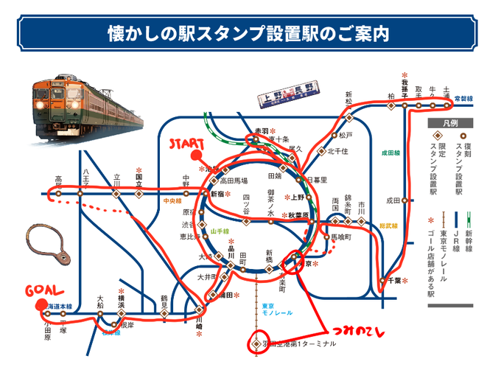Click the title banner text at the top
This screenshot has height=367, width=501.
250,34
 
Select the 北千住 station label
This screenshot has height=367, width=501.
337,152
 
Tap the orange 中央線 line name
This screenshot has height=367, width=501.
172,200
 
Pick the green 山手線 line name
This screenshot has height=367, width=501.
220,231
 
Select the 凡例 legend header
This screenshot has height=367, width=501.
451,122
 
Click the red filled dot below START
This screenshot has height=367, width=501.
196,155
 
